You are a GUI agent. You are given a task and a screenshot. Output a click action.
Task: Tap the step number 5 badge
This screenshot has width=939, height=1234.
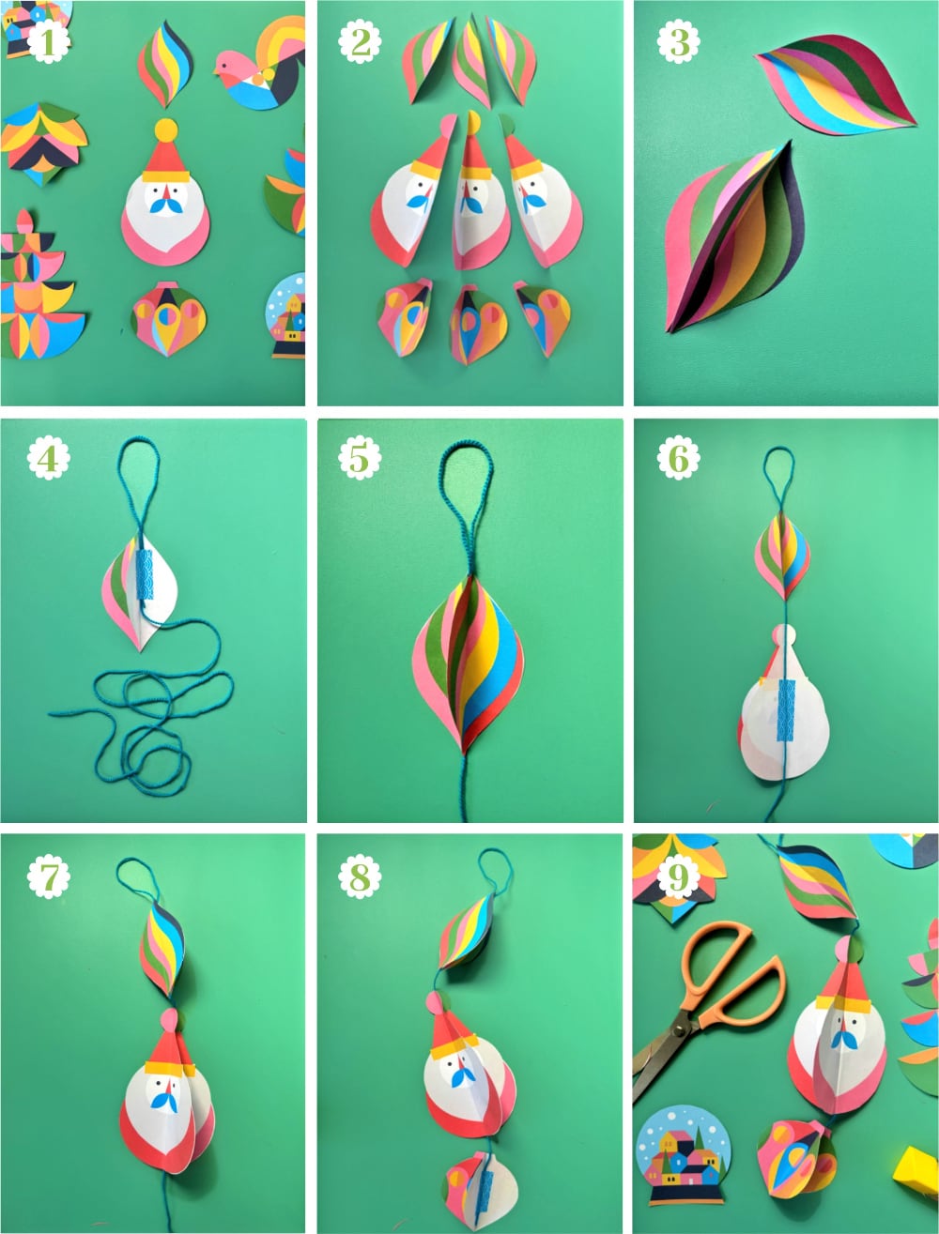click(x=360, y=459)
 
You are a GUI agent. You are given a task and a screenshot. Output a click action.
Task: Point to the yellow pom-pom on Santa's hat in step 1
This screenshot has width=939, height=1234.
click(x=165, y=129)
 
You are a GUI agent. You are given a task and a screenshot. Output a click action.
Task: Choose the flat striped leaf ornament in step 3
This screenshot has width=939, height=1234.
click(x=836, y=86)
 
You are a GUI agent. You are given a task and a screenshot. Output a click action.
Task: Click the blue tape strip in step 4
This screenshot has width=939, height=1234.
click(x=145, y=574)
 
